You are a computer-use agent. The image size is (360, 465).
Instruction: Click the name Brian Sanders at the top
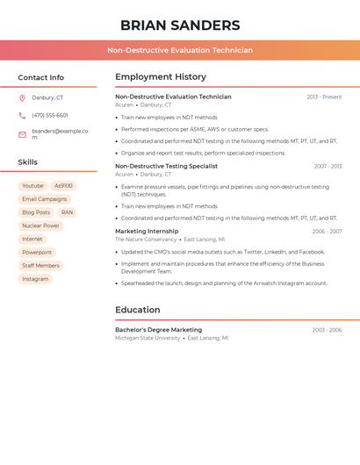pyautogui.click(x=180, y=25)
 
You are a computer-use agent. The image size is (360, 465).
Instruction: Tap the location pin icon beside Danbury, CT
pyautogui.click(x=22, y=98)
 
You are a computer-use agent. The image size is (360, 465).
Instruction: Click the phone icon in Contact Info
pyautogui.click(x=22, y=116)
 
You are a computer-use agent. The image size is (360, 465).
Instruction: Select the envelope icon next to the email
pyautogui.click(x=22, y=134)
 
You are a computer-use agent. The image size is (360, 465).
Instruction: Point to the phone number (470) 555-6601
pyautogui.click(x=50, y=116)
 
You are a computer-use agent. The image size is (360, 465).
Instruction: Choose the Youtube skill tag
pyautogui.click(x=32, y=186)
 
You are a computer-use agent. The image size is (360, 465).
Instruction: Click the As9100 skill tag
pyautogui.click(x=63, y=186)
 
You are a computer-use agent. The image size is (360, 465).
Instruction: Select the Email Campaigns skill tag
pyautogui.click(x=44, y=199)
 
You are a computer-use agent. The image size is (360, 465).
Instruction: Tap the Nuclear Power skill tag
pyautogui.click(x=40, y=225)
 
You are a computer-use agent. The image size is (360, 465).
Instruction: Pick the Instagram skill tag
pyautogui.click(x=35, y=279)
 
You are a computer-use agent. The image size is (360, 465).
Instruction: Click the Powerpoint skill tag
pyautogui.click(x=37, y=253)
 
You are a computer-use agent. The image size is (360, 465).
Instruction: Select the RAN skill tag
pyautogui.click(x=67, y=212)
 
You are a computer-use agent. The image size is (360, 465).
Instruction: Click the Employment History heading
pyautogui.click(x=161, y=77)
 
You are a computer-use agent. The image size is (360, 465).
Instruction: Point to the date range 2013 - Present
pyautogui.click(x=324, y=97)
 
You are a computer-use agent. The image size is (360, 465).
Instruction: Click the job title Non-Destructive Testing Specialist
pyautogui.click(x=166, y=166)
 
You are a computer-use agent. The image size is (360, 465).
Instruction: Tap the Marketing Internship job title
pyautogui.click(x=147, y=232)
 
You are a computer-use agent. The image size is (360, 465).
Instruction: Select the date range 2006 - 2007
pyautogui.click(x=327, y=232)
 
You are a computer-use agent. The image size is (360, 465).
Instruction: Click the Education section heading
pyautogui.click(x=138, y=310)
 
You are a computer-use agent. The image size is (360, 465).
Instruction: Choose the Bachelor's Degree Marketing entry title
pyautogui.click(x=158, y=330)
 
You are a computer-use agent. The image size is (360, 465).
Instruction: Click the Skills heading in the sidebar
pyautogui.click(x=28, y=162)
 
